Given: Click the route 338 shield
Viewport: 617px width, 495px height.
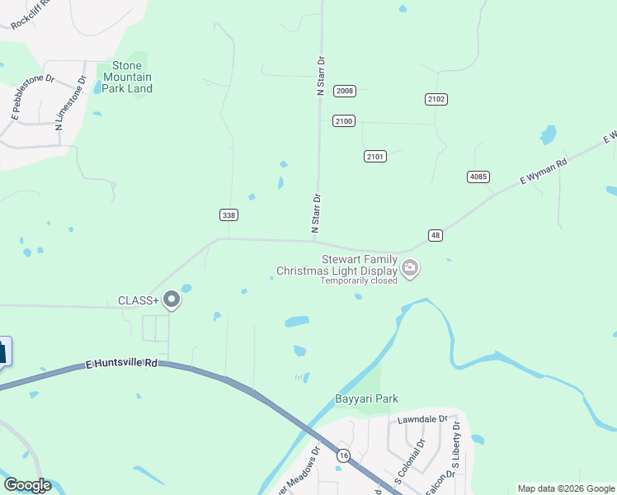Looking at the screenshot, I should pos(229,215).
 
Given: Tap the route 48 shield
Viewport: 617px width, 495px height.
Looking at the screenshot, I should pos(436,235).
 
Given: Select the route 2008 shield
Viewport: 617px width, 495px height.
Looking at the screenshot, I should pos(344,91).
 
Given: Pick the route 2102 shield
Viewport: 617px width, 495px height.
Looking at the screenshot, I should pos(436,99).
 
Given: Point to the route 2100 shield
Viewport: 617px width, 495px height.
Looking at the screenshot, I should pos(344,121).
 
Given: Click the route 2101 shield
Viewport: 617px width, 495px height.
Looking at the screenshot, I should pos(374,156).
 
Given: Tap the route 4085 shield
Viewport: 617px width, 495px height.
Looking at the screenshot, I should pos(477,177).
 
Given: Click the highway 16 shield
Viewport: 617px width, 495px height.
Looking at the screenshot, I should pos(342,455).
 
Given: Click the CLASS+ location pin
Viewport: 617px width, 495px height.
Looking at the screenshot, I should pos(172,299).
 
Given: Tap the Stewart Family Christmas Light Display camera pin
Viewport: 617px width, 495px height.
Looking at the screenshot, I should pos(410,267).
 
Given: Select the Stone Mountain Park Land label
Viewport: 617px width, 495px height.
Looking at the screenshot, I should pos(127,77).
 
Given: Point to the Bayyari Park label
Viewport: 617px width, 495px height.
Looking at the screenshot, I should pos(366,399).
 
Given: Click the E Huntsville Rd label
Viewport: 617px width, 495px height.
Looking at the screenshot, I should pos(121,362).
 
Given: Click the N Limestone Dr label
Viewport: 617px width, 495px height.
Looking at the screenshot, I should pos(70,104).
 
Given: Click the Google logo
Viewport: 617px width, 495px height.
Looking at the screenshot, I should pos(27,485).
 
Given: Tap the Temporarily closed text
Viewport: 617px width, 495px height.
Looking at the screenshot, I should pos(360,280).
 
